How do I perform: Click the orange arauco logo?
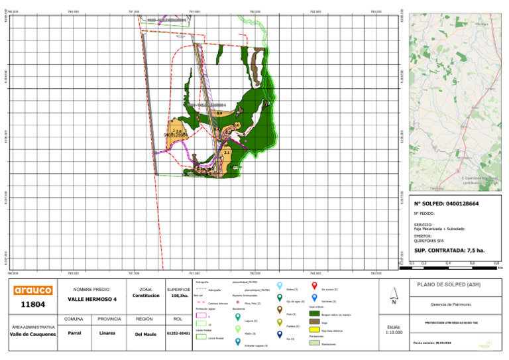(33, 290)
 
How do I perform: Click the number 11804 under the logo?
(33, 305)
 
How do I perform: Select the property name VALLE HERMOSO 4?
(91, 299)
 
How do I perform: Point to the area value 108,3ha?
(178, 296)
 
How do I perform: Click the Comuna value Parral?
(74, 333)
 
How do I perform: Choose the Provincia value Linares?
(107, 333)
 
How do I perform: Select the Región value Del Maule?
(145, 333)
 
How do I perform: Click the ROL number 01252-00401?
(178, 333)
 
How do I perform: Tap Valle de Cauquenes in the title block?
(33, 334)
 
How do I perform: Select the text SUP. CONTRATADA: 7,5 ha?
(449, 251)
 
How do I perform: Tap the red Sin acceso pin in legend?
(314, 286)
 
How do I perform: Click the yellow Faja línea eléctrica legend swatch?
(315, 330)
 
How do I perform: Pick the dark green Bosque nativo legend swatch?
(315, 313)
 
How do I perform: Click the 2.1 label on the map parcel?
(227, 152)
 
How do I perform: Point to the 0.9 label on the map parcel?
(219, 113)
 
